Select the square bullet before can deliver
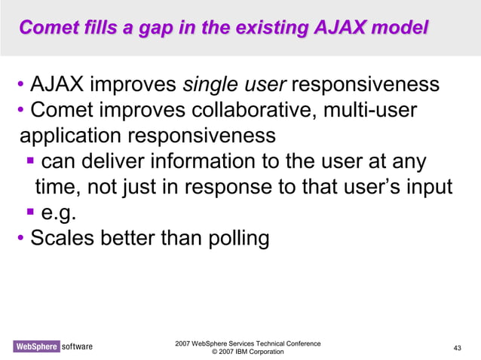click(x=30, y=161)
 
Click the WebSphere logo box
click(x=35, y=346)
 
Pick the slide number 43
click(x=457, y=347)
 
